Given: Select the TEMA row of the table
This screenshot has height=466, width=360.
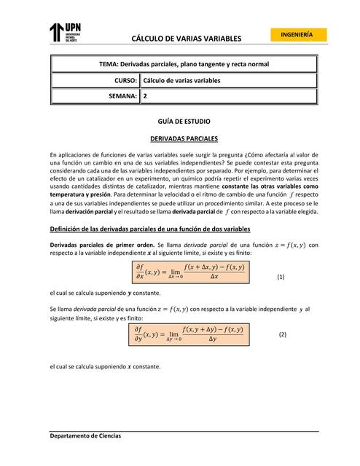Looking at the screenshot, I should click(x=184, y=64).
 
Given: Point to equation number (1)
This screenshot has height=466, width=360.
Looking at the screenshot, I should click(x=281, y=277).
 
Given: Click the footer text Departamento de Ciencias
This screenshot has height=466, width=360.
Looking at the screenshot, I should click(x=86, y=435).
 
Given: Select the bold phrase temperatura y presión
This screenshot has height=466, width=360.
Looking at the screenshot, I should click(x=80, y=195).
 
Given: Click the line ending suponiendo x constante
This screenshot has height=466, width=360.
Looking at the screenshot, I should click(x=105, y=366).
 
